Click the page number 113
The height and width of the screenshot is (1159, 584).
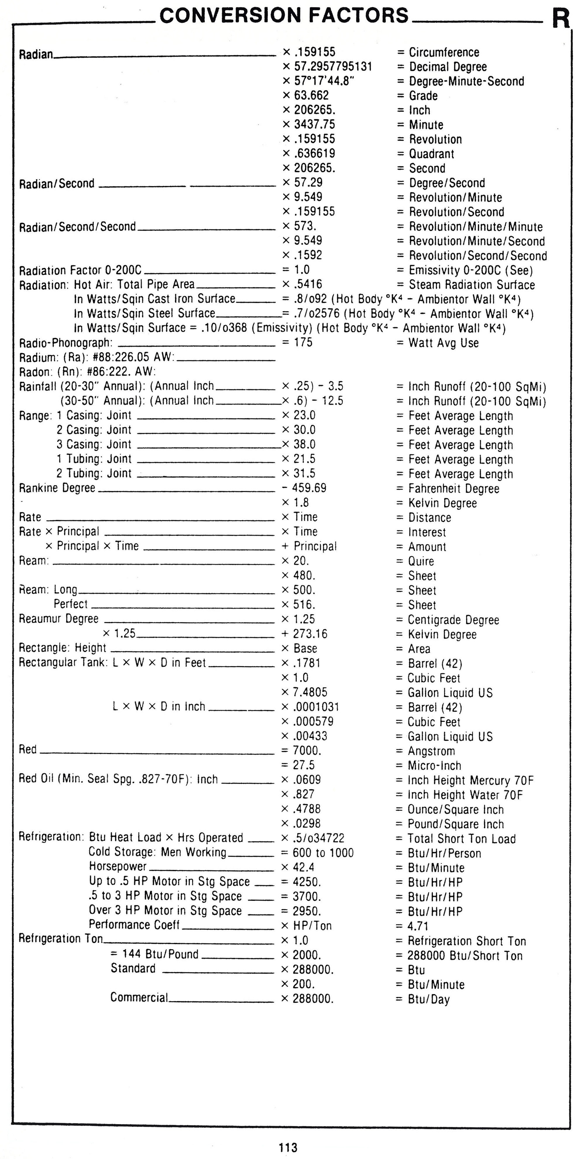(x=288, y=1147)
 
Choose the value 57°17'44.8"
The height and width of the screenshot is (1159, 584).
(x=324, y=81)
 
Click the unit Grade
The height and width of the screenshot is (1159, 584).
(x=423, y=96)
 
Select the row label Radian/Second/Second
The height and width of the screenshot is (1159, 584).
(x=77, y=227)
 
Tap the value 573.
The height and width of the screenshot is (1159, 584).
(x=305, y=226)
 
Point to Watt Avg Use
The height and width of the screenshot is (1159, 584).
(x=443, y=343)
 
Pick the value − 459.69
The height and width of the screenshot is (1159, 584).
(x=304, y=488)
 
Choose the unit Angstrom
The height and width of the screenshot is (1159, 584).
(x=431, y=751)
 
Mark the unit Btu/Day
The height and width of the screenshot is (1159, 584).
(x=428, y=999)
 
